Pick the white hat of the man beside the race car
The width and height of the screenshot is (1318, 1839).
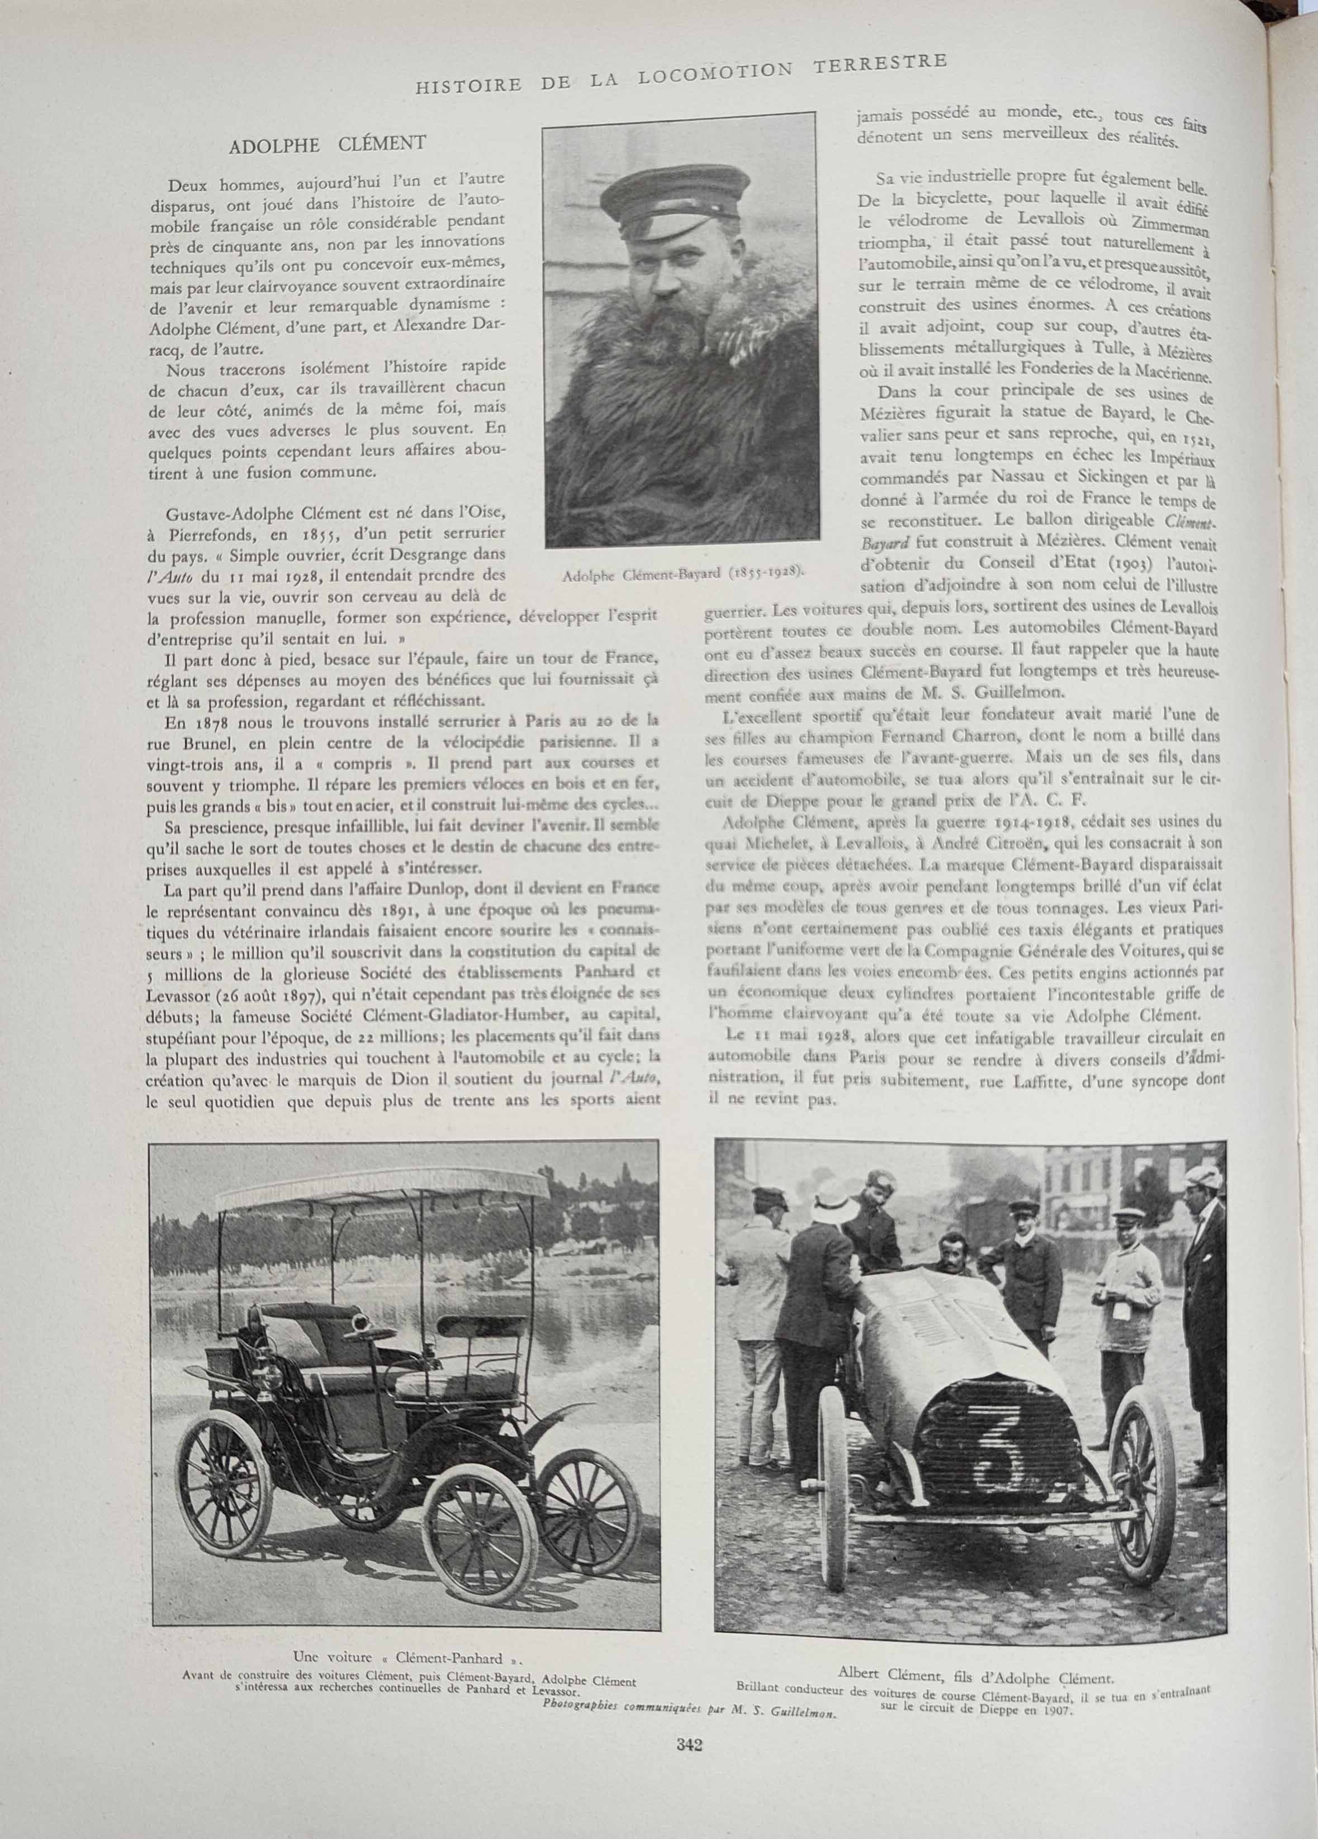coord(833,1194)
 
